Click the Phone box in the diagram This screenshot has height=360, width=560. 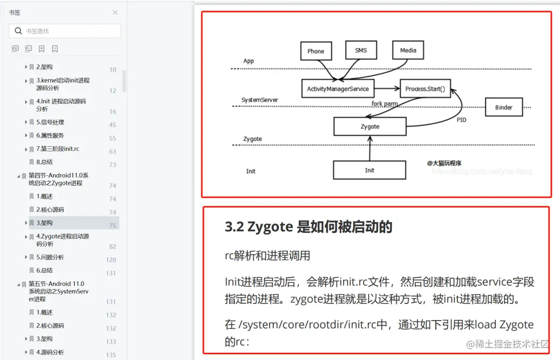316,51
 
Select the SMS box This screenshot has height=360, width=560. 361,50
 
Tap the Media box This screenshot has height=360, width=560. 408,50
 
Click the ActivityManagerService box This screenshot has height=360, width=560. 338,89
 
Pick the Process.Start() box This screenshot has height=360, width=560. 425,89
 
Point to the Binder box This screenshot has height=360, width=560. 503,107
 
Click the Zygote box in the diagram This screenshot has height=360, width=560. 370,127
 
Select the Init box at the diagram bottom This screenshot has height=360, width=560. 369,170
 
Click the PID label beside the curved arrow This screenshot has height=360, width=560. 461,120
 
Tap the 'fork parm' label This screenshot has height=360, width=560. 384,104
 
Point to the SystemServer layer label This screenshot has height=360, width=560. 260,100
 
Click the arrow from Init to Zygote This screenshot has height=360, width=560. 370,148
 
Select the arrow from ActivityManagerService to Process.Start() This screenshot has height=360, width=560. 387,89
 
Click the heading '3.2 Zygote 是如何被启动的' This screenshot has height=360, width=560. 309,227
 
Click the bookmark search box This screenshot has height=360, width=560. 65,31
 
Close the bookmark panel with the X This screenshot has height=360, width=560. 115,12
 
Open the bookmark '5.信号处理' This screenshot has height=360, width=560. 50,122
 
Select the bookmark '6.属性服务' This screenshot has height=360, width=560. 50,135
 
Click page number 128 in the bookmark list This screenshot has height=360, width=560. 111,260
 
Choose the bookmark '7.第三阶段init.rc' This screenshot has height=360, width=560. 58,149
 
